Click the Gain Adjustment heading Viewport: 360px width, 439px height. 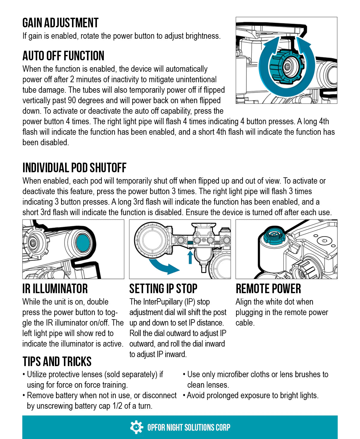(60, 23)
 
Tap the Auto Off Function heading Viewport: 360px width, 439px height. (63, 56)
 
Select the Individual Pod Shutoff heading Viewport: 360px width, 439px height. (74, 168)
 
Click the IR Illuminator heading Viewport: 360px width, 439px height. (55, 289)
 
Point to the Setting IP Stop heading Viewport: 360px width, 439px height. (163, 289)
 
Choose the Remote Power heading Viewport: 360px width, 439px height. (268, 289)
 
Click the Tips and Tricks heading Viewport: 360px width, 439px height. (57, 362)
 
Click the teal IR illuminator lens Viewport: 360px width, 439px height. (82, 243)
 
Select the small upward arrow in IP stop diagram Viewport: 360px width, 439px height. (190, 257)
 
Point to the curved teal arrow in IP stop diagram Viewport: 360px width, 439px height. (163, 266)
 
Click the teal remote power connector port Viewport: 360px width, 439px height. (274, 234)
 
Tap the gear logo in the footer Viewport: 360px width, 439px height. (136, 427)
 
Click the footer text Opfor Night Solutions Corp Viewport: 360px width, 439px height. (189, 427)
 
